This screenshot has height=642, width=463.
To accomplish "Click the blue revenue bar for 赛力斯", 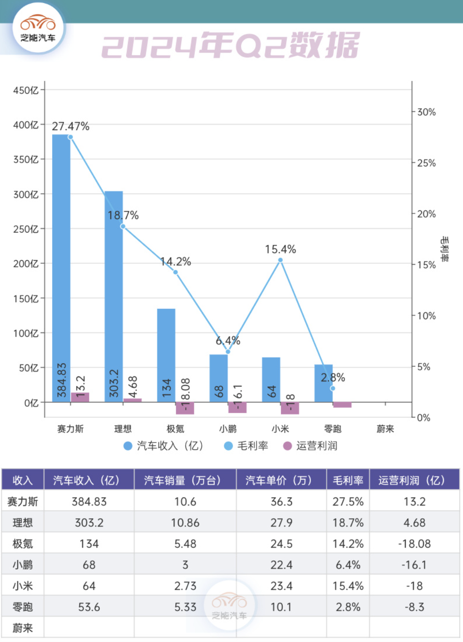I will point(61,267).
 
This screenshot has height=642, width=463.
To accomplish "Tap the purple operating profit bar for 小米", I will point(290,408).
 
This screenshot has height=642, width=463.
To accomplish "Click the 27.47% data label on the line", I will point(70,126).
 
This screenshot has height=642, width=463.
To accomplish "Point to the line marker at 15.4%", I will point(281,260).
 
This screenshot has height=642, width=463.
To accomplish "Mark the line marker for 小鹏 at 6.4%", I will point(228,351).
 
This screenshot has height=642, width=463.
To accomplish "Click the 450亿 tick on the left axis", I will point(26,90).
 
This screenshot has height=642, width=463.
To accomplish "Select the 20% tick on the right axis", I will point(426,214).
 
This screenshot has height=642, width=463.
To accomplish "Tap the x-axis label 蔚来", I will point(385,429).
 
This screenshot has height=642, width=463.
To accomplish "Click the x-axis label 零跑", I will point(333,429).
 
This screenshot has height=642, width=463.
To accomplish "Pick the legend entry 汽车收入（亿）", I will point(164,446).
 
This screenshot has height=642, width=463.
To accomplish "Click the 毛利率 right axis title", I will point(445,249).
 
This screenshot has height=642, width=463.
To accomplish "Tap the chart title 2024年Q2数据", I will point(231,45).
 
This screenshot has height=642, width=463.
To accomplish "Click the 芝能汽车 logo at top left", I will point(38,28).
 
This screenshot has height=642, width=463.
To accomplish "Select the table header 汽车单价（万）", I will point(281,480).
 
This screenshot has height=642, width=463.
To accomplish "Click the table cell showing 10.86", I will point(185,523).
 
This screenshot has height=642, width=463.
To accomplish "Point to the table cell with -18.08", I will point(414,544).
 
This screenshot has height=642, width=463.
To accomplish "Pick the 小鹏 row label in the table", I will point(23,565).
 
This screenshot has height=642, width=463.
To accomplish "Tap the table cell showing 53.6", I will point(89,607).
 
